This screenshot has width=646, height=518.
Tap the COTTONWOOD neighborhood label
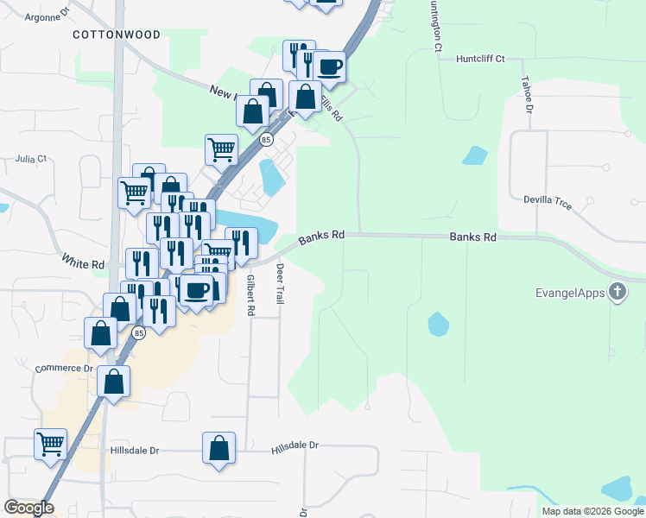(117, 35)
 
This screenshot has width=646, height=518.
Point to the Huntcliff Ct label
(476, 59)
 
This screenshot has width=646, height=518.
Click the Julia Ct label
(30, 159)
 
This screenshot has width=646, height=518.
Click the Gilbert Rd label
(250, 294)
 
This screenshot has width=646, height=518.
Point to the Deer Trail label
(280, 284)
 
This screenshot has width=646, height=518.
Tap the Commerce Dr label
(63, 369)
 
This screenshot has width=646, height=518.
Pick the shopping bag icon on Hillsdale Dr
(219, 448)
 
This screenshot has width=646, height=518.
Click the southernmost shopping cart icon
(50, 444)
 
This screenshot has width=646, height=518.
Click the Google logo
(28, 508)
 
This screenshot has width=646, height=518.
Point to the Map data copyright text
(592, 511)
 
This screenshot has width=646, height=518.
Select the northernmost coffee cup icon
(330, 66)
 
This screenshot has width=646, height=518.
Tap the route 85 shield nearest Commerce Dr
(139, 332)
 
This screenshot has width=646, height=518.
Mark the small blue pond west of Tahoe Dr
(474, 156)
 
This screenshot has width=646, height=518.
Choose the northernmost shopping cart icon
(221, 148)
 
